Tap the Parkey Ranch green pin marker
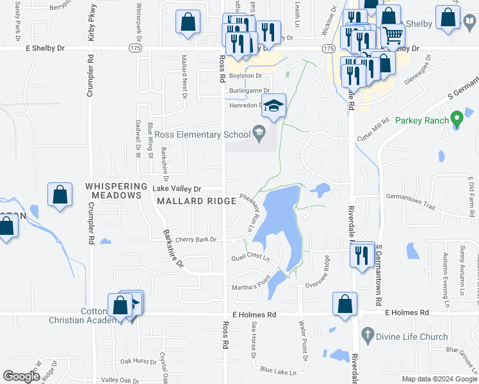[456, 119]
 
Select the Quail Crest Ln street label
[250, 257]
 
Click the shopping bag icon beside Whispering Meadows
[60, 195]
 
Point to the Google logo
[21, 377]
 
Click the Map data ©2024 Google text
[439, 379]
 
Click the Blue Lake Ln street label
[279, 371]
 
